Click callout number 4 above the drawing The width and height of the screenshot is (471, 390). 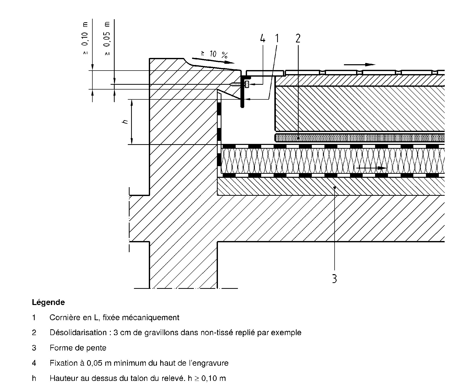tap(262, 39)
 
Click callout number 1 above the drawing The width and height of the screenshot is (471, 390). tap(277, 39)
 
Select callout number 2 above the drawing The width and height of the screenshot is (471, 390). tap(298, 39)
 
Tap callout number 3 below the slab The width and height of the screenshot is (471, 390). tap(334, 278)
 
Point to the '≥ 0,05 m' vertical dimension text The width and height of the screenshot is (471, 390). tap(107, 38)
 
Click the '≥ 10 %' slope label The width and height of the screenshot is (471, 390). tap(214, 54)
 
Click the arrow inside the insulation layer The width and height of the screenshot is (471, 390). tap(371, 168)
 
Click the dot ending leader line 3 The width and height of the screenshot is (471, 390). tap(335, 187)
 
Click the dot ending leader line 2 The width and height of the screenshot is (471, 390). tap(298, 138)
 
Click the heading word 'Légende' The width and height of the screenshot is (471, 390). tap(48, 302)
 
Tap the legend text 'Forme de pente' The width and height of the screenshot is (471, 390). tap(78, 348)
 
